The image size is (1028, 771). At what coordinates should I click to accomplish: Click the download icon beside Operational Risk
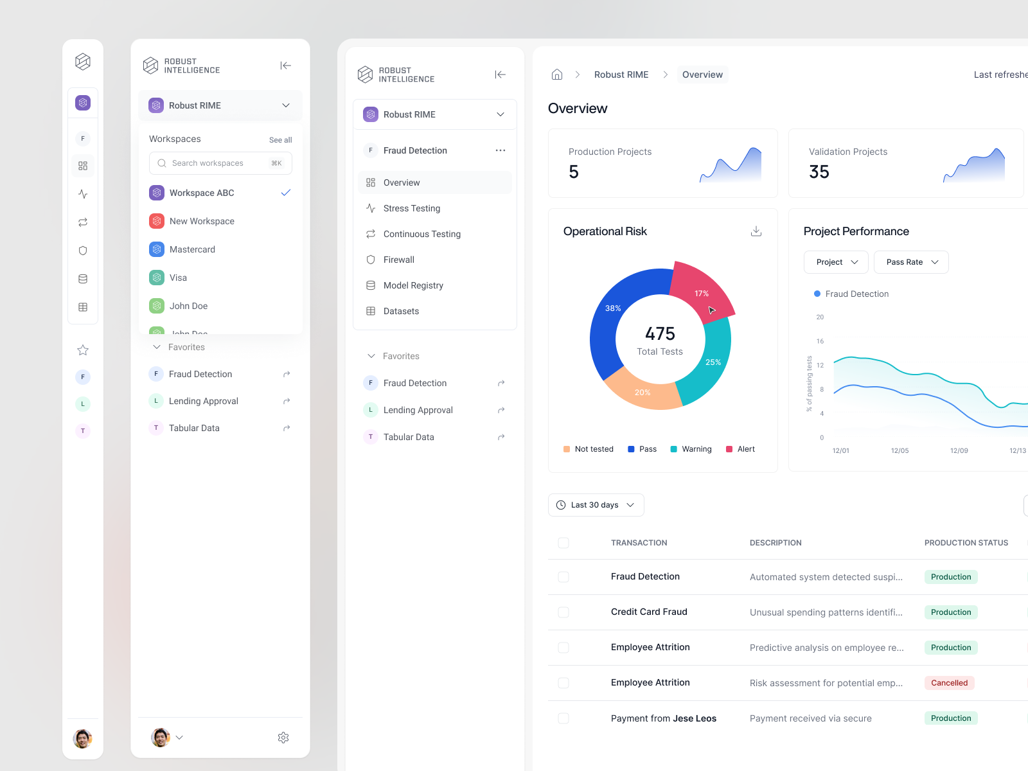756,231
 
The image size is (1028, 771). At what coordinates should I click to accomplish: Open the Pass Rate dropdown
911,262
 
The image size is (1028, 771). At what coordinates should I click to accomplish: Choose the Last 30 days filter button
596,505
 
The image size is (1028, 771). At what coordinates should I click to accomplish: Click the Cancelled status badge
949,683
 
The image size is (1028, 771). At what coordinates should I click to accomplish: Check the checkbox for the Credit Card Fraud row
563,612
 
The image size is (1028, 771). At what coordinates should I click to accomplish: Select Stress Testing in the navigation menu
412,208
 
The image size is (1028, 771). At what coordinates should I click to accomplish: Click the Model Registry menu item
413,285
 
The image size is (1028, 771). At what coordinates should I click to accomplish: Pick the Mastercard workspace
192,249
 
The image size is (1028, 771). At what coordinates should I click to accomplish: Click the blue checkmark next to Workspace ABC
286,193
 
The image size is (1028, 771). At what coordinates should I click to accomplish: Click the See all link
280,140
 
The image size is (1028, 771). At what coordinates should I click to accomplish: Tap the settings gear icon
283,738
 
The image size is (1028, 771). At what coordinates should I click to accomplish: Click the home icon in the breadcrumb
557,75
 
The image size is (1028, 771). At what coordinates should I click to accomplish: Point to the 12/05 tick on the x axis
899,450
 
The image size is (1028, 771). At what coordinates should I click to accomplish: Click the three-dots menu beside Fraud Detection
501,150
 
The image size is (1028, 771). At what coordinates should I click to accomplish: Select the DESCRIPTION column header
775,543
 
